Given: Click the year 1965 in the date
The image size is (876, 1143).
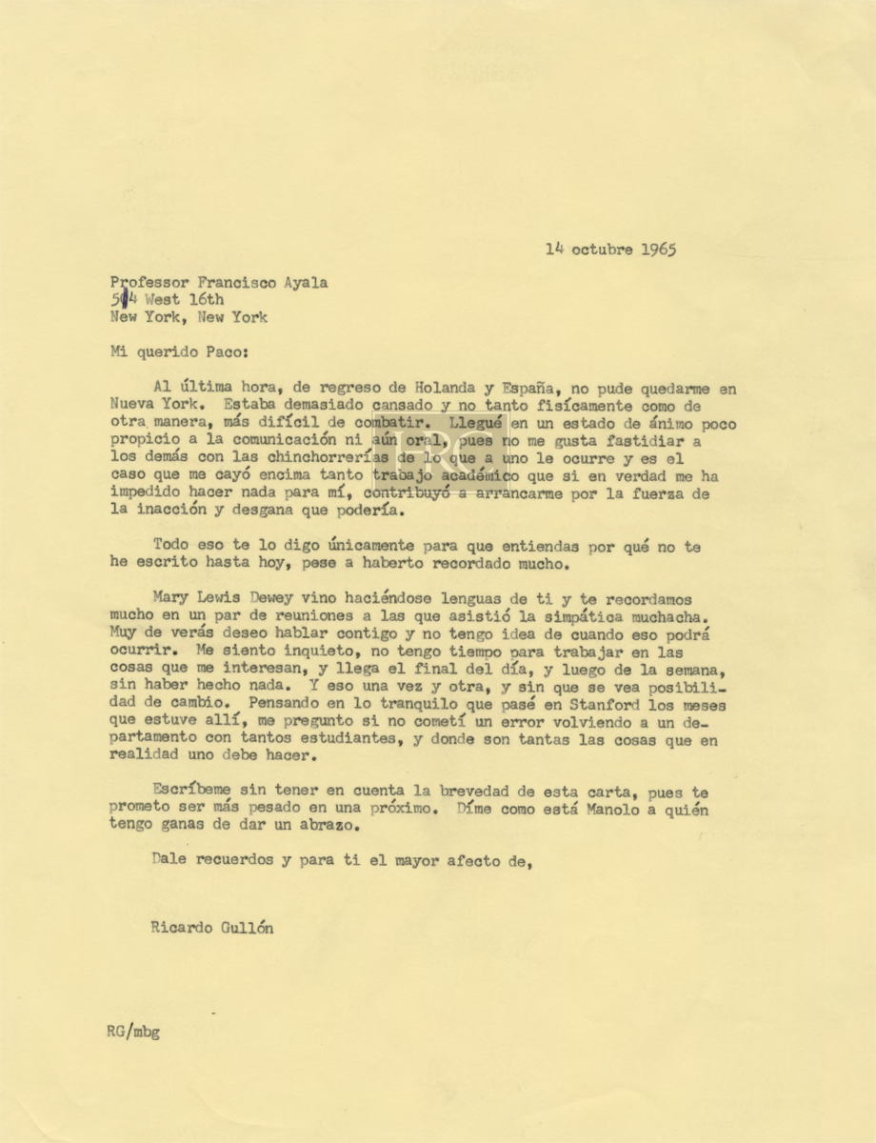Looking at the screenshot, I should [x=657, y=251].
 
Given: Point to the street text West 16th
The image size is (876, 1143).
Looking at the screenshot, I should [x=183, y=299].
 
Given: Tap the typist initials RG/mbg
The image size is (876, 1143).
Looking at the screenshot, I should [x=133, y=1032].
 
